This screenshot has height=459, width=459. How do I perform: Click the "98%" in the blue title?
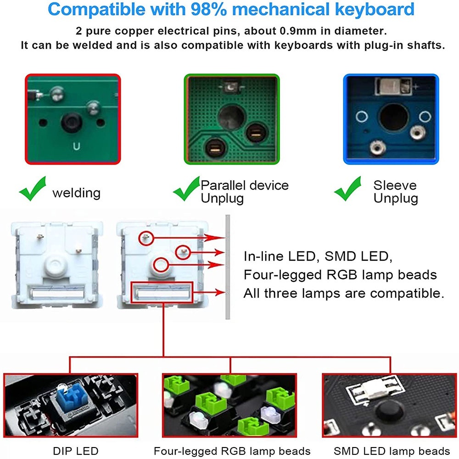point(209,9)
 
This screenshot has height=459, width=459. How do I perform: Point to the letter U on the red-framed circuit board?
point(76,146)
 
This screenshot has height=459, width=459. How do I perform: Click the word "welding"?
point(76,193)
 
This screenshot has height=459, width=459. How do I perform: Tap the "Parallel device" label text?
point(245,185)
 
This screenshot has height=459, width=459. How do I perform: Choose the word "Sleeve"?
point(395,185)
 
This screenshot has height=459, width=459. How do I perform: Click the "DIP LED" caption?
point(76,451)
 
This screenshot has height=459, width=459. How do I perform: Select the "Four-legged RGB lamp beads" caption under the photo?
point(232,451)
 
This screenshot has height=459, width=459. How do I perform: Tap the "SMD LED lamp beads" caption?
point(392,451)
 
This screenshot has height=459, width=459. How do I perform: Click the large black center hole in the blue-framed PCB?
point(393,117)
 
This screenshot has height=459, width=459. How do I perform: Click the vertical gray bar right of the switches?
point(228,267)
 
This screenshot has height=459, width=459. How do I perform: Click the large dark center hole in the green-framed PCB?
point(231,117)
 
